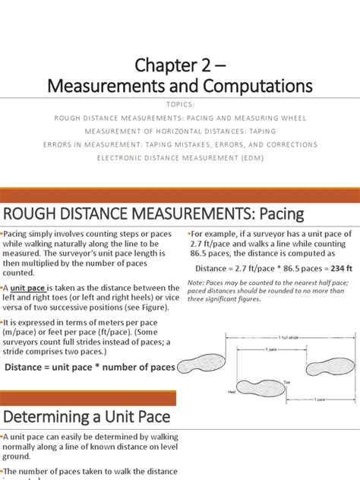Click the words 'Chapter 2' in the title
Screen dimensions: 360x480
[162, 60]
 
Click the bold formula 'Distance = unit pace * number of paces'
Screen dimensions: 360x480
[90, 367]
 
